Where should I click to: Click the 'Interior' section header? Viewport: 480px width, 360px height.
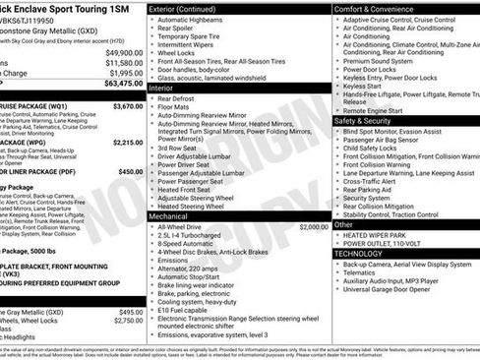(x=162, y=88)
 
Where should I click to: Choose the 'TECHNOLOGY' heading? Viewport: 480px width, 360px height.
(x=358, y=253)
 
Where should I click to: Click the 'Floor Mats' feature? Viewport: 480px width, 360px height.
(x=181, y=108)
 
